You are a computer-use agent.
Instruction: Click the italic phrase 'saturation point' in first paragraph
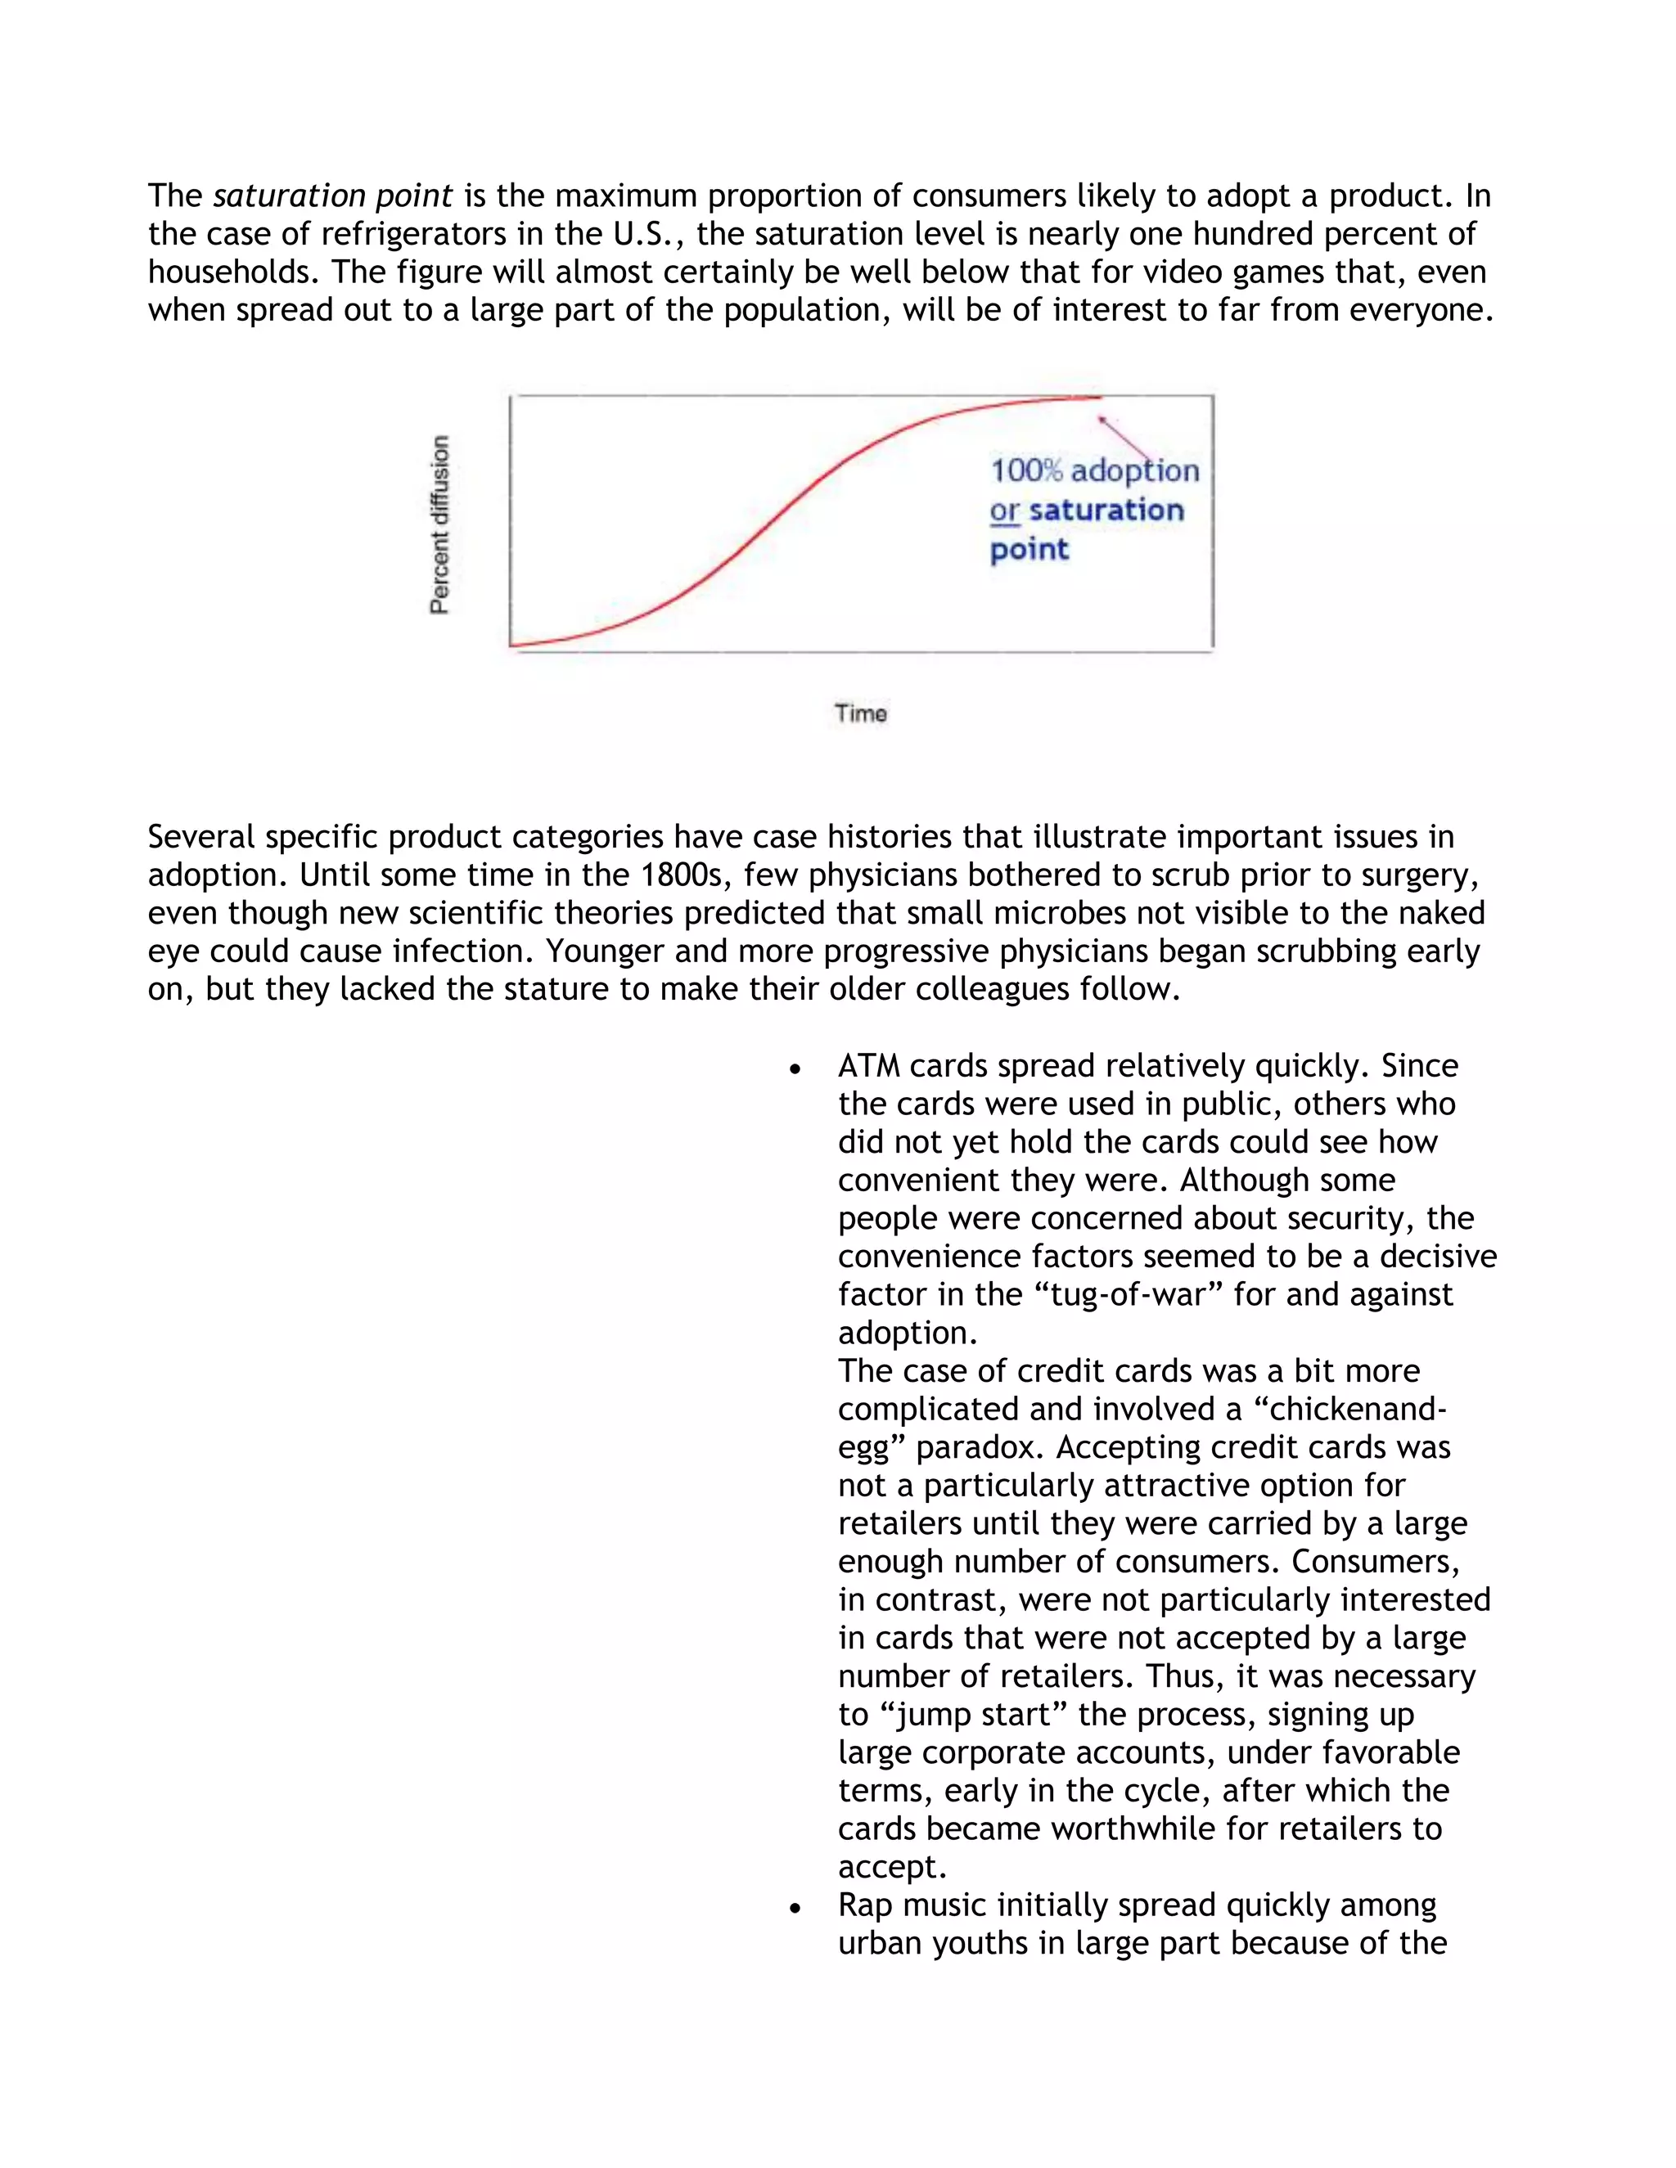click(x=332, y=196)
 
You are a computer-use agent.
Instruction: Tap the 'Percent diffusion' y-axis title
click(x=439, y=524)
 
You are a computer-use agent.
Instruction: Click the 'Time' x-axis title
click(x=860, y=713)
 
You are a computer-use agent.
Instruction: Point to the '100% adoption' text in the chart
click(x=1094, y=470)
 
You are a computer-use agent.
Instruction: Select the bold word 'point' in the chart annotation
click(x=1029, y=549)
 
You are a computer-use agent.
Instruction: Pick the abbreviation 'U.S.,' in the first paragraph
click(x=649, y=234)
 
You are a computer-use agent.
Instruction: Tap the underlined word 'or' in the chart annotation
click(x=1004, y=511)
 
